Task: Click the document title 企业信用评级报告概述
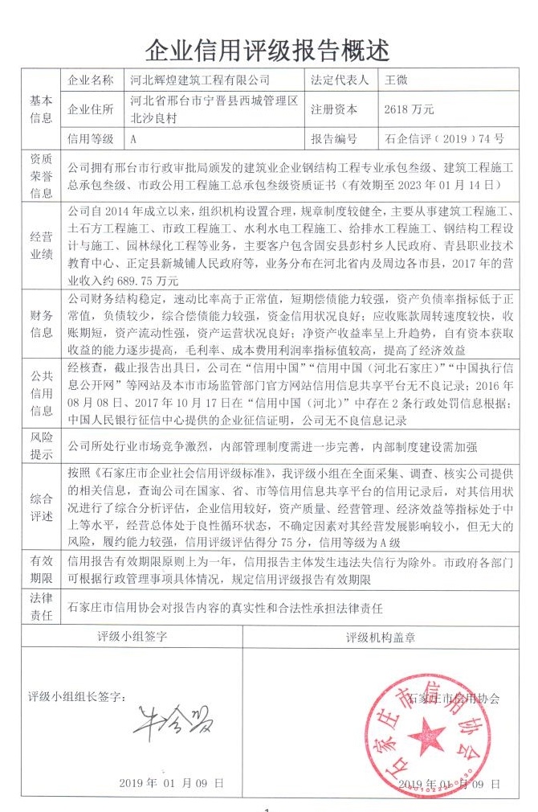[x=267, y=51]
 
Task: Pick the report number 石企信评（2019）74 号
[x=445, y=139]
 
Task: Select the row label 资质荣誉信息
[x=41, y=176]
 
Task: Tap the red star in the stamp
[x=425, y=735]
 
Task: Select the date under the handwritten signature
[x=169, y=782]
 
